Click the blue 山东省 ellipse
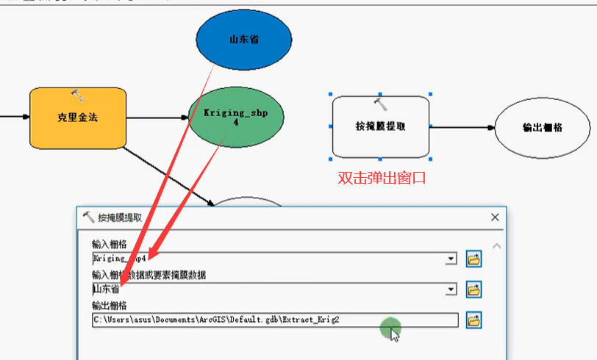[243, 39]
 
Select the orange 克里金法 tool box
[77, 118]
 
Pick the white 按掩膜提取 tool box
[380, 126]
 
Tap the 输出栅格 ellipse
[542, 127]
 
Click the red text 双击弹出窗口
[382, 178]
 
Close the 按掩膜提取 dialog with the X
[495, 217]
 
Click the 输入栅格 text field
[268, 259]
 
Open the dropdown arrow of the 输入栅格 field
[450, 259]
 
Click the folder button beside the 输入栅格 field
[473, 259]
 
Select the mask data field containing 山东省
[268, 289]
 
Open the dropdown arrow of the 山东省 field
[450, 290]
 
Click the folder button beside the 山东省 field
[473, 290]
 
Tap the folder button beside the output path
[473, 320]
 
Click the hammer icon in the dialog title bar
[88, 217]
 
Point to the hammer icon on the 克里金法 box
[76, 94]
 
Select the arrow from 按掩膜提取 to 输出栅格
[462, 127]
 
